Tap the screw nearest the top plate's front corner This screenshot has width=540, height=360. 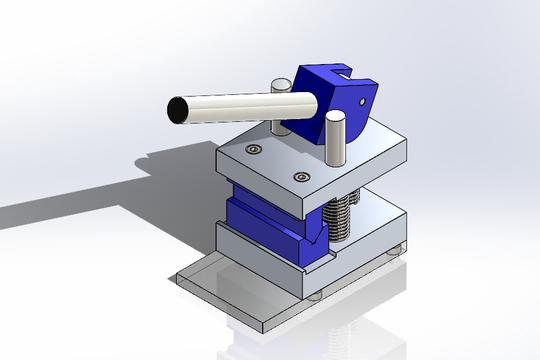click(300, 178)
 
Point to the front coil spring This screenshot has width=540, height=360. click(341, 216)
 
